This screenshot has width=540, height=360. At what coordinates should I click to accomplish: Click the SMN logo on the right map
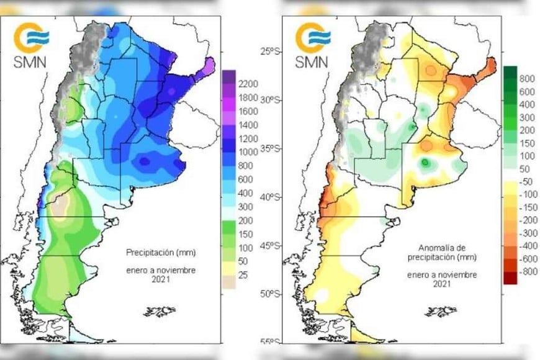[x=312, y=44]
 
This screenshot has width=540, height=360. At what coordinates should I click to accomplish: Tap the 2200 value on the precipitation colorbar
[x=248, y=83]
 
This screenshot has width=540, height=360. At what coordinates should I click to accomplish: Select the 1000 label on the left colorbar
[x=248, y=152]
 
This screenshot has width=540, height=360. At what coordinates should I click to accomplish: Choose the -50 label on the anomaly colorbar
[x=527, y=181]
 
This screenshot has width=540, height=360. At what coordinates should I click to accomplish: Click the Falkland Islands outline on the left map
[x=160, y=310]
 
